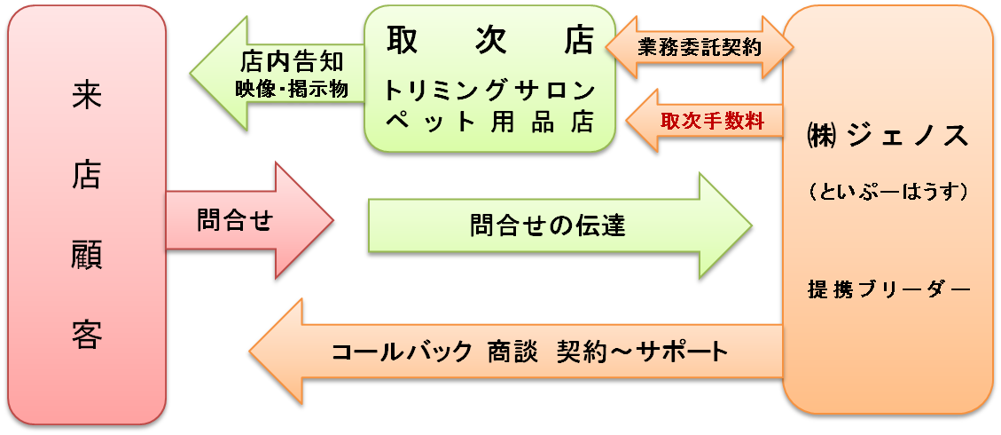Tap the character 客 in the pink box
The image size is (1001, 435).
point(87,335)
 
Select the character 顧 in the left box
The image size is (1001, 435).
point(87,257)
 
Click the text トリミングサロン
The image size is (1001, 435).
point(489,90)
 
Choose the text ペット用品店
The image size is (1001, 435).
point(489,123)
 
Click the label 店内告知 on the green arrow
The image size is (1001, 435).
point(291,62)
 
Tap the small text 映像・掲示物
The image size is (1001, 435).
point(291,89)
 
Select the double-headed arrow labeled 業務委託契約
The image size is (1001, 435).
point(699,47)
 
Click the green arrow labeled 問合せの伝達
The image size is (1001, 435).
point(547,225)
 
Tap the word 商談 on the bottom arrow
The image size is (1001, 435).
point(511,352)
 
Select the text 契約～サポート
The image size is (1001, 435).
point(642,352)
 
